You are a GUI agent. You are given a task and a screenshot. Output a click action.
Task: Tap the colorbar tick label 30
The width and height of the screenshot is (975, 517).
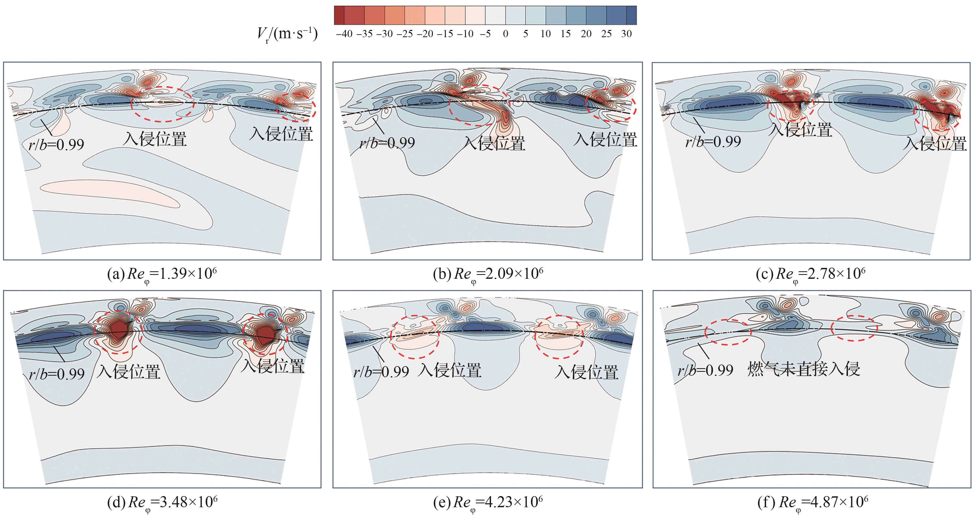tap(627, 34)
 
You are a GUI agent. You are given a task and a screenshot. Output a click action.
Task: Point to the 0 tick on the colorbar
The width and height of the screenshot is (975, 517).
tap(505, 34)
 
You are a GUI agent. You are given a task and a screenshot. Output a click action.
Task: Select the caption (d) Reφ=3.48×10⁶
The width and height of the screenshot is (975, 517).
tap(162, 503)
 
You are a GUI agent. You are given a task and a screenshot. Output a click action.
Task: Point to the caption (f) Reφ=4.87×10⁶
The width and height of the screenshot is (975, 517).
tap(813, 503)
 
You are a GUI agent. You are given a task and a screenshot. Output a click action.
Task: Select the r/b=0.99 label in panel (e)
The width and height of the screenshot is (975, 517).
tap(381, 372)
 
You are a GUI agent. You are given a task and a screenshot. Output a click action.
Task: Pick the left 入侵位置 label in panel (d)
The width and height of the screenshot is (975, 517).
tap(129, 371)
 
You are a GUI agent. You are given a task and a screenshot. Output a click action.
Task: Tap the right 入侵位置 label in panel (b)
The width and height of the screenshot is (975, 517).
tap(605, 140)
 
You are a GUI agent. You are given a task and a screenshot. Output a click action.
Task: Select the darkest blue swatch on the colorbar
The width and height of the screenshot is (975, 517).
tap(631, 15)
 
